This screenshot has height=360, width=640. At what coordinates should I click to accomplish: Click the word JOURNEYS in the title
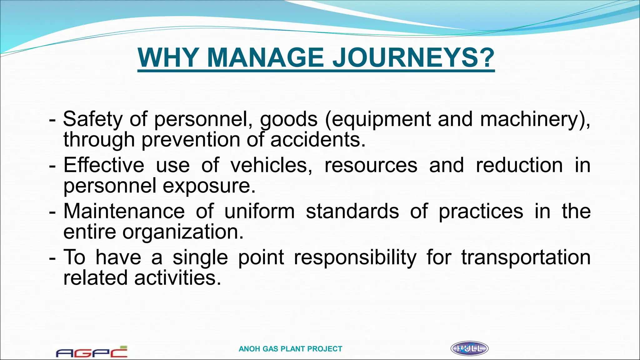click(413, 58)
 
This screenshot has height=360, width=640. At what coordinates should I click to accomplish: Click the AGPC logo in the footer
click(92, 352)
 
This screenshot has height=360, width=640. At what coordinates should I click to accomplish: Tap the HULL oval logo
click(469, 348)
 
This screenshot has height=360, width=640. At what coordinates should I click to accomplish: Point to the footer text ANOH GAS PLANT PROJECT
click(290, 349)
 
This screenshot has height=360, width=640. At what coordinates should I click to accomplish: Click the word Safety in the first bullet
click(93, 119)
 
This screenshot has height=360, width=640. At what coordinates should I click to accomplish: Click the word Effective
click(103, 165)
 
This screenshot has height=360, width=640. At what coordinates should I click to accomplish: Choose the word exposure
click(209, 186)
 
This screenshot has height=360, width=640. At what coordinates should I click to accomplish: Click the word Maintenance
click(124, 211)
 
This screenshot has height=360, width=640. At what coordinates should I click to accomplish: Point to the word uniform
click(259, 211)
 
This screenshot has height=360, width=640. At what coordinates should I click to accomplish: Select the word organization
click(183, 232)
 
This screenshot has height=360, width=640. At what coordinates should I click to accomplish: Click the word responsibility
click(355, 257)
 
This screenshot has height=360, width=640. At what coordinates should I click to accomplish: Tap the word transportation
click(526, 257)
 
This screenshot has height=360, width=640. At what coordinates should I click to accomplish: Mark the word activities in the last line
click(177, 278)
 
